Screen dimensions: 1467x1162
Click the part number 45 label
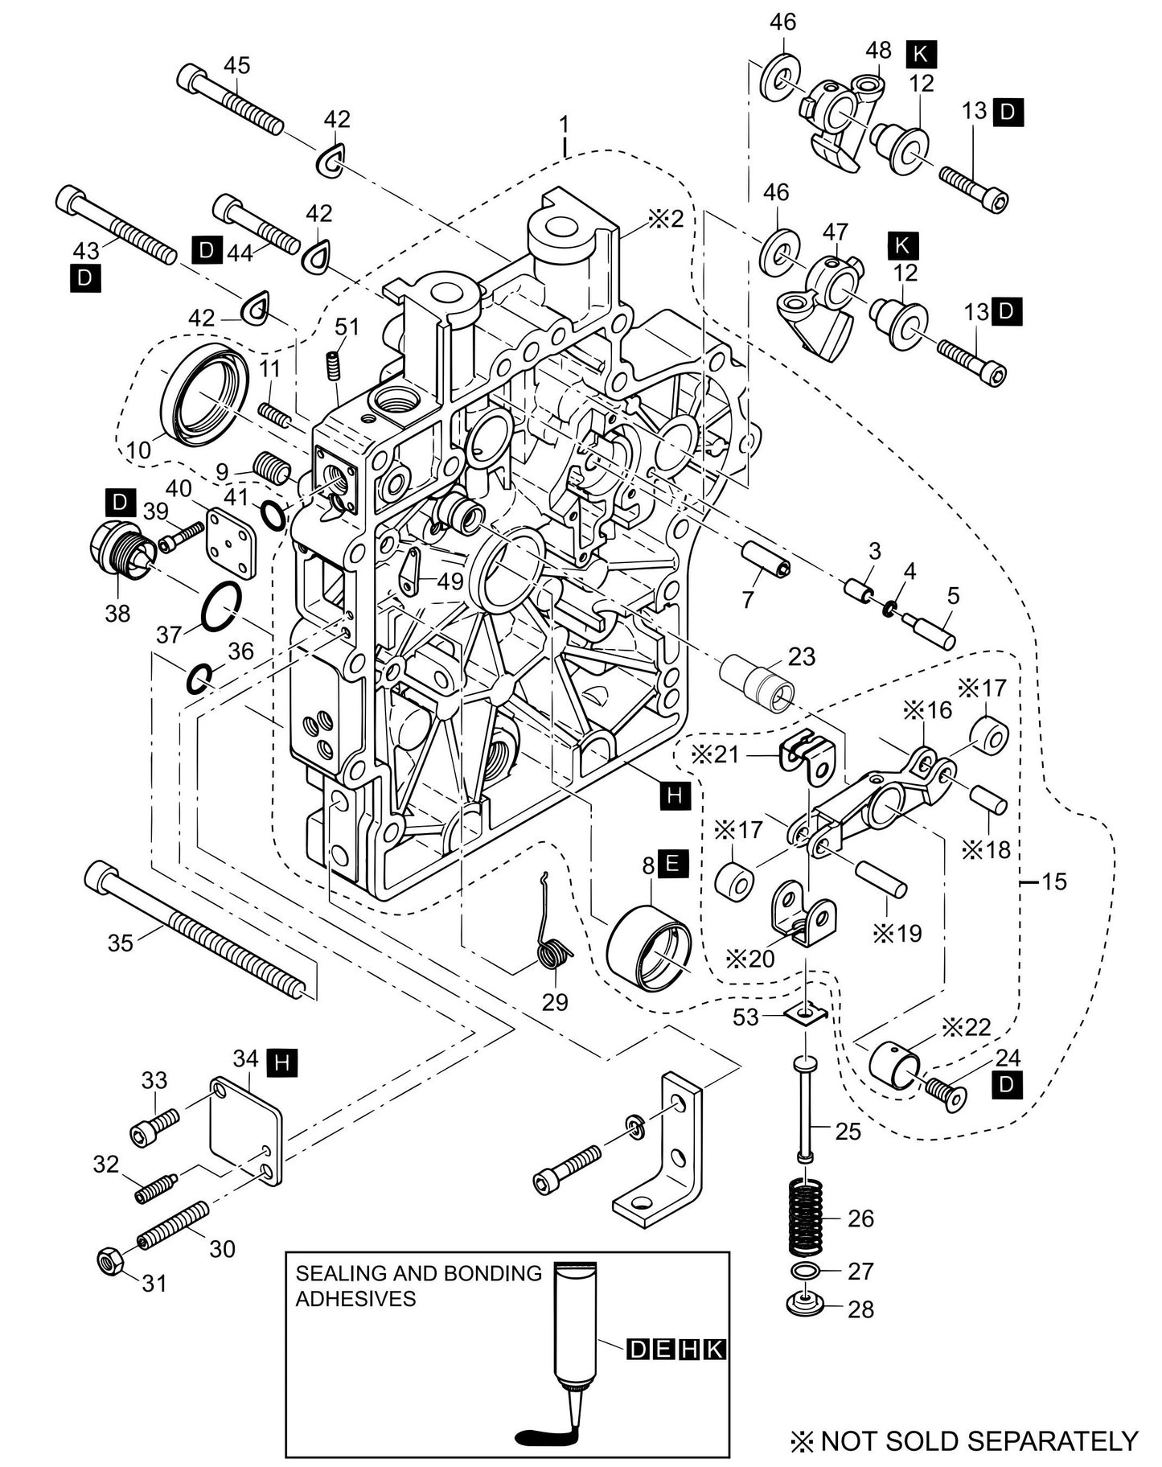236,65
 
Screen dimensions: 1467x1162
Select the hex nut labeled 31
109,1259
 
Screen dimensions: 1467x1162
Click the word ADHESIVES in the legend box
355,1298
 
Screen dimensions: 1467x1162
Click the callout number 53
745,1017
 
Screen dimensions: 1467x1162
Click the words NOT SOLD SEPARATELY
979,1440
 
